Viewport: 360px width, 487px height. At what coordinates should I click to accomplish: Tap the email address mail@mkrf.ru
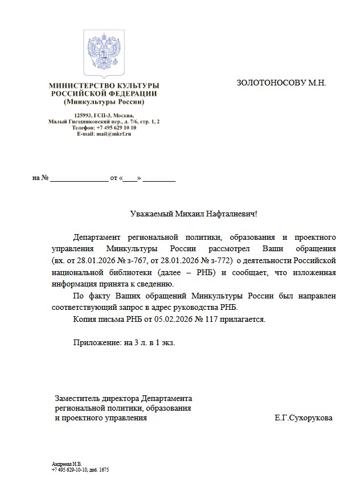tap(113, 134)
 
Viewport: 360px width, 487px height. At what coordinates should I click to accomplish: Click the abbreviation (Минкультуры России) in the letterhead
tap(104, 102)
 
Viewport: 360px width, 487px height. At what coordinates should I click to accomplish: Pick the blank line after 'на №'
tap(79, 178)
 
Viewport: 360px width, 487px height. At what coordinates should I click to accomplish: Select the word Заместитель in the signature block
tap(75, 398)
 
